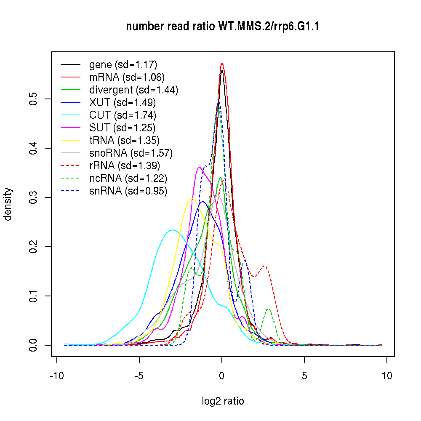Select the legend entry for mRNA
coord(127,77)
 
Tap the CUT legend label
coord(123,115)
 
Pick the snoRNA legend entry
coord(131,152)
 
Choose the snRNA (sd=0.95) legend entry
coord(128,191)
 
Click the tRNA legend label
coord(124,140)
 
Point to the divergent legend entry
coord(133,90)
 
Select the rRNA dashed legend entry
coord(125,166)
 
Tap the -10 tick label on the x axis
coord(57,376)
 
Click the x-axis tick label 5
coord(304,376)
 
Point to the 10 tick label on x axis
coord(387,376)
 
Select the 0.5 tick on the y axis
coord(34,99)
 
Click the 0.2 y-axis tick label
coord(34,247)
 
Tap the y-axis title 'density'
coord(8,204)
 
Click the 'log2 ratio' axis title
coord(223,401)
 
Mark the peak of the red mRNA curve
coord(222,63)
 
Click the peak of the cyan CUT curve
coord(172,229)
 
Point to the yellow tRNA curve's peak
coord(192,198)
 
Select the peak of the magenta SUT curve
coord(199,167)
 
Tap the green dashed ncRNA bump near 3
coord(268,309)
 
